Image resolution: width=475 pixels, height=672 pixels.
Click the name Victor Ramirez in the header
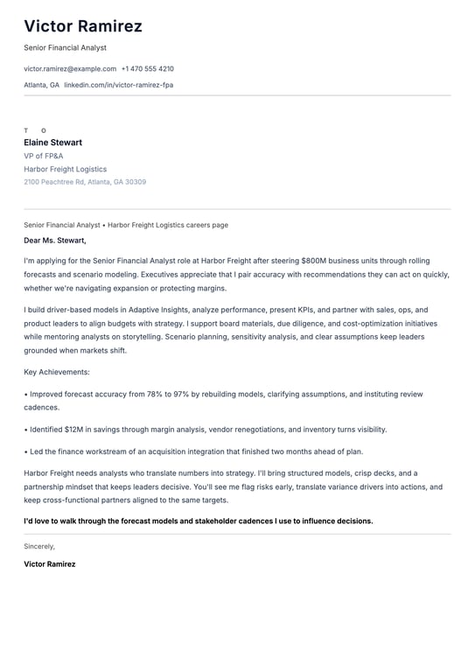click(82, 26)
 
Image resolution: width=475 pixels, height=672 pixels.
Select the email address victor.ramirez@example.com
click(70, 68)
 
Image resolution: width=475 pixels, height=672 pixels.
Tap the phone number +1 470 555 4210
click(147, 68)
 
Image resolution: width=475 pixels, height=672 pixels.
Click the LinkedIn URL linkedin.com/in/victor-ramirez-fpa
click(118, 85)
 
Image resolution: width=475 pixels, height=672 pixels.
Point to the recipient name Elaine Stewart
click(52, 142)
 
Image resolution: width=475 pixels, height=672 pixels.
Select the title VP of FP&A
click(44, 156)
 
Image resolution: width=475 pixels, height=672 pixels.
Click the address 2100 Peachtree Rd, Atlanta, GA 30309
click(85, 182)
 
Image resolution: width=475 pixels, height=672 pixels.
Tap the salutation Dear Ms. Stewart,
click(55, 240)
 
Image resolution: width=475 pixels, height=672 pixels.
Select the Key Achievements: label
click(57, 372)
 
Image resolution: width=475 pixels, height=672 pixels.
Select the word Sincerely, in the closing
click(39, 546)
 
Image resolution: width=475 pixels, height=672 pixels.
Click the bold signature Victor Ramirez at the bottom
click(50, 564)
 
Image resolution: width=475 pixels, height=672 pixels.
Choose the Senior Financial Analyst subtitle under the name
click(65, 47)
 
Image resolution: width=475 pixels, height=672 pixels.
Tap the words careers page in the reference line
click(206, 225)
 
